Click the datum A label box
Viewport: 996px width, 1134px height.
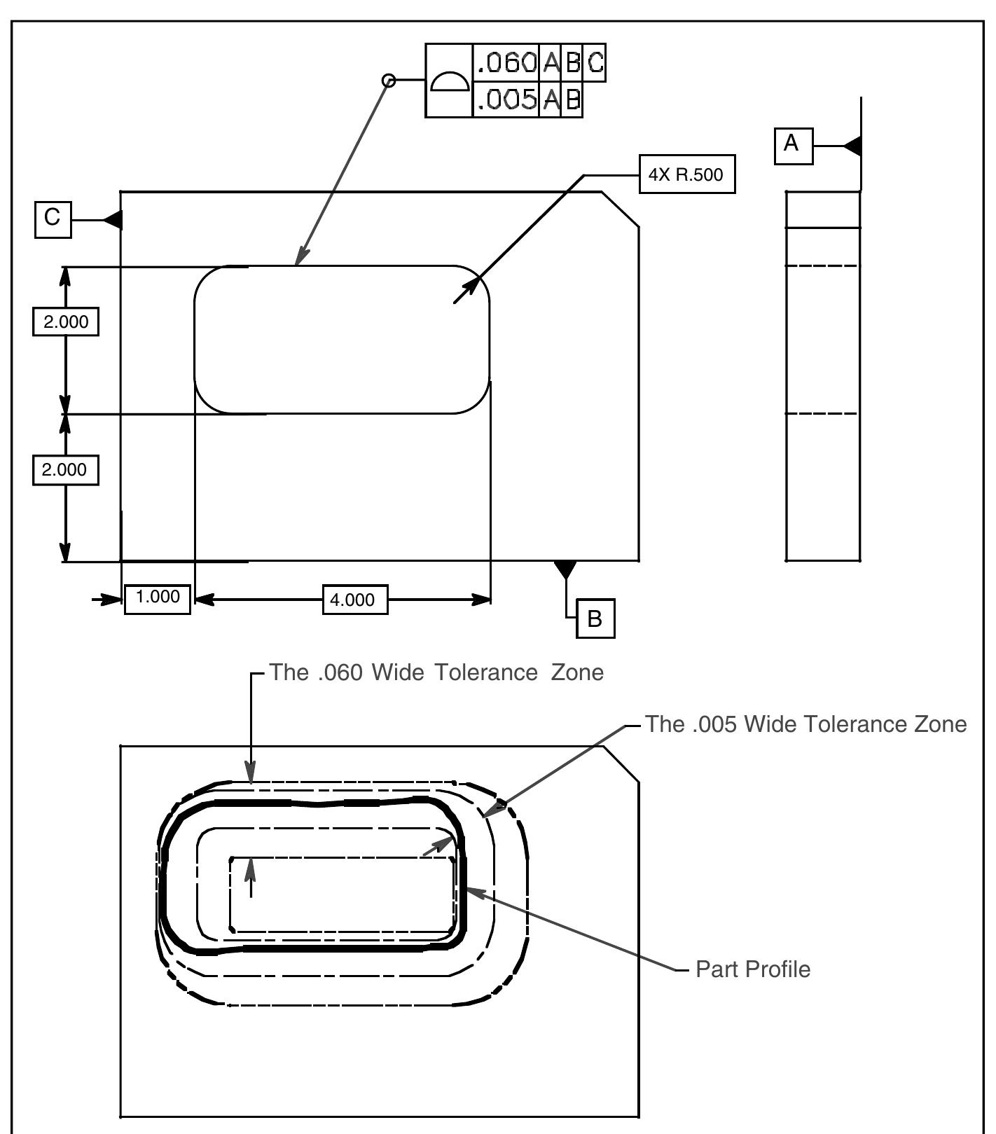tap(794, 146)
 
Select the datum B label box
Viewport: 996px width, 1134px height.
tap(595, 618)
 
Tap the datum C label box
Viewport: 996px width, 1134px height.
tap(53, 219)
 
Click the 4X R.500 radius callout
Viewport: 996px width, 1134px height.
tap(687, 174)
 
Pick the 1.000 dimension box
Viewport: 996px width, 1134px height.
tap(158, 597)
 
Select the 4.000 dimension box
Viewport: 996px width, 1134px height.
tap(355, 600)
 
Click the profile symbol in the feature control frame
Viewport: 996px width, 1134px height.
tap(450, 81)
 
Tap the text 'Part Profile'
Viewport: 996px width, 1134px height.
tap(753, 969)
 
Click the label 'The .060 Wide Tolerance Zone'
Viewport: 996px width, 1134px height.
tap(437, 672)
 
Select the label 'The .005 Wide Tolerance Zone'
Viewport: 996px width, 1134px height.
tap(806, 724)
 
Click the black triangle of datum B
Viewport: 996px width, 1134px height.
tap(565, 569)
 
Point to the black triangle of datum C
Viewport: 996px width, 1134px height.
tap(113, 220)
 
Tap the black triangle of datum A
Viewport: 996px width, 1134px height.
tap(852, 146)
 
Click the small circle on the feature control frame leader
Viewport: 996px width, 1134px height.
tap(389, 81)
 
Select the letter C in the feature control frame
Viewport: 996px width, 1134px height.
tap(595, 63)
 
